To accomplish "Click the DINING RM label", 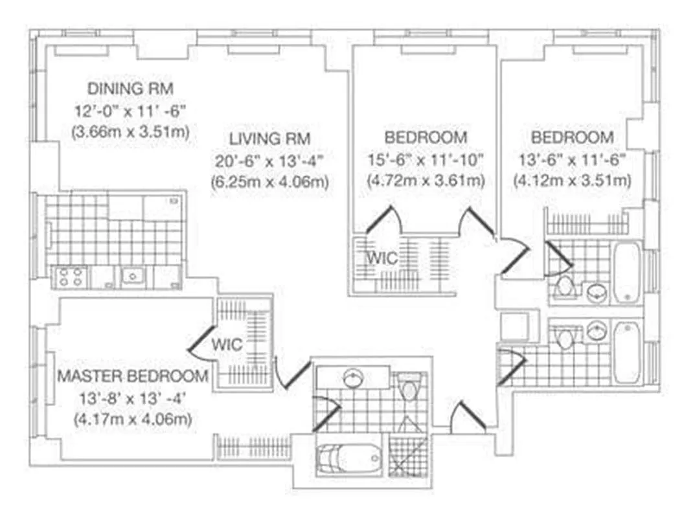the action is (x=130, y=88).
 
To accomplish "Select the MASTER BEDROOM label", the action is (x=133, y=376).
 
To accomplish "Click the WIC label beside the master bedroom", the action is (x=227, y=344).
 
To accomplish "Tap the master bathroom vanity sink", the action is (x=352, y=377).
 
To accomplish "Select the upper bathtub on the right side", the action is (x=626, y=271).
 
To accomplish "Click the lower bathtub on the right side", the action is (x=626, y=353).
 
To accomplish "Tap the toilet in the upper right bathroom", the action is (x=565, y=286).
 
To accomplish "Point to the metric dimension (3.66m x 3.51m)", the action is (x=130, y=132).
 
